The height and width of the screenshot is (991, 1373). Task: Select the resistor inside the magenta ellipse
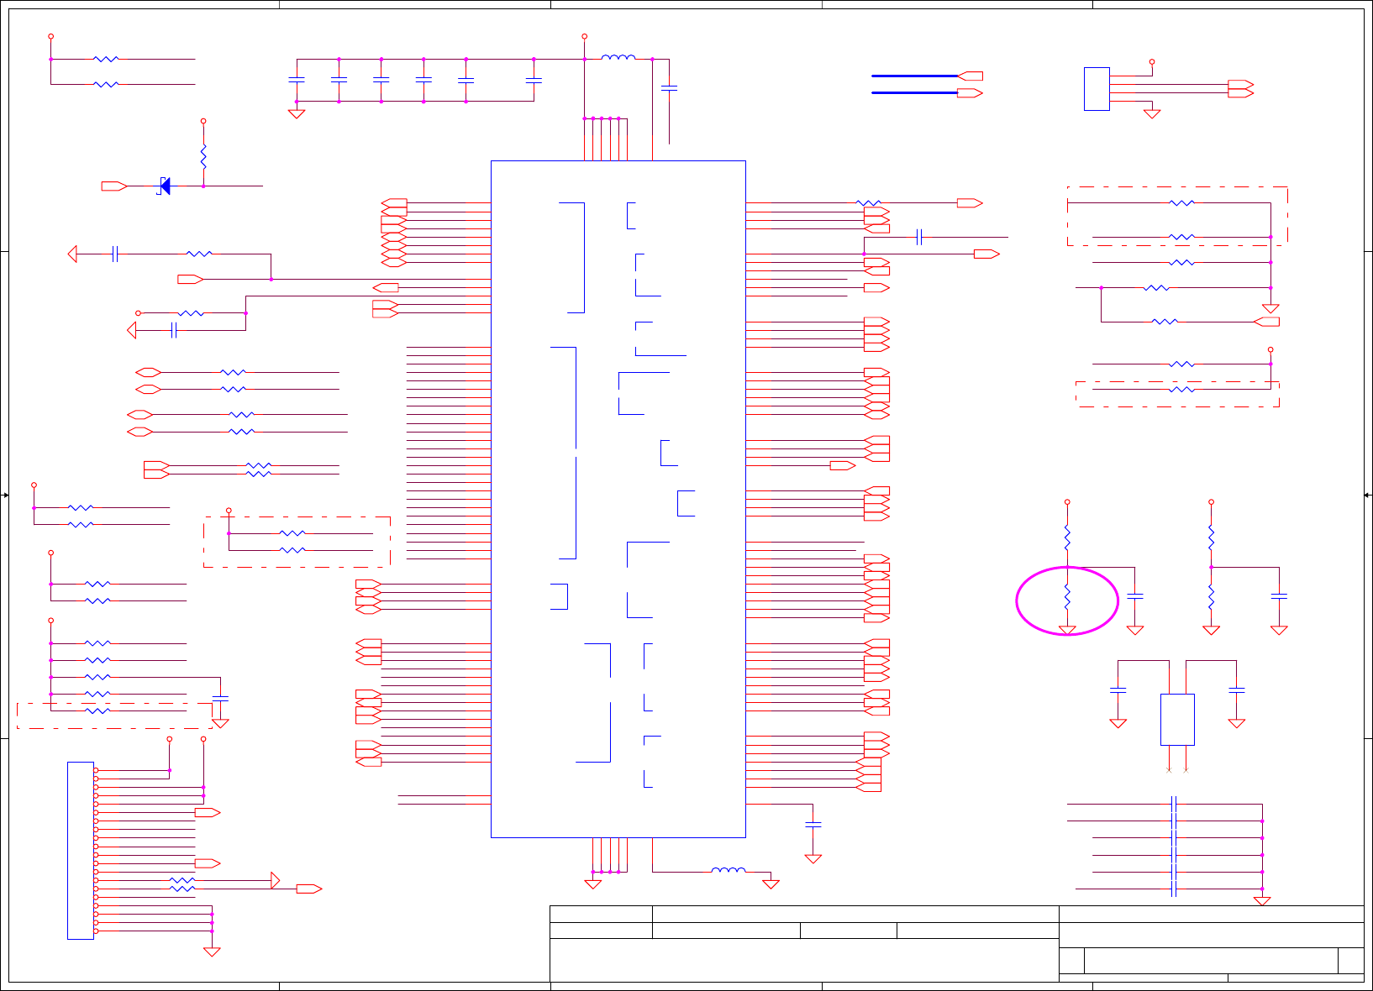coord(1067,597)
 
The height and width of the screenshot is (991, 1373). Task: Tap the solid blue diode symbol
coord(165,186)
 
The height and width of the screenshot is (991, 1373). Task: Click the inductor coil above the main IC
coord(618,57)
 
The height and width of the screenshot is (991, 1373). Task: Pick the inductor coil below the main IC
coord(728,870)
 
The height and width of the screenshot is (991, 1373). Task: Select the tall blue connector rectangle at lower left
coord(81,850)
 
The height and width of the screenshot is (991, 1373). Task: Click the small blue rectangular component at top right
coord(1097,88)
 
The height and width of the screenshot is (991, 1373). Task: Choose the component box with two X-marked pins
coord(1177,719)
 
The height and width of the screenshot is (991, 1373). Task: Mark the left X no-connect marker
coord(1169,769)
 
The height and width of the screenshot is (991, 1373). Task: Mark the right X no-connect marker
coord(1186,769)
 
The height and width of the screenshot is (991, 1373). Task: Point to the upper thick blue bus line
coord(914,76)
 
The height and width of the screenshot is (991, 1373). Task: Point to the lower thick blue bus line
coord(914,92)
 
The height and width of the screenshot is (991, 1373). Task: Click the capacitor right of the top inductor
coord(670,87)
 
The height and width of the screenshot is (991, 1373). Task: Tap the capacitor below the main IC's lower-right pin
coord(813,826)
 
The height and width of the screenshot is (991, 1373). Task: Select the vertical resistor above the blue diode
coord(203,156)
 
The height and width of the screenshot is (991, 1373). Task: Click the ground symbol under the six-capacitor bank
coord(297,113)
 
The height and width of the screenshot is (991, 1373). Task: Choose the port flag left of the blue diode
coord(113,186)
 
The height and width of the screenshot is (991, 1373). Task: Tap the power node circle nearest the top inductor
coord(584,37)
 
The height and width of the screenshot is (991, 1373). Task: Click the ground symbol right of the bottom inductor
coord(771,884)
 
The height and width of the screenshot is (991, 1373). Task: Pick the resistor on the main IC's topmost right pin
coord(868,202)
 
